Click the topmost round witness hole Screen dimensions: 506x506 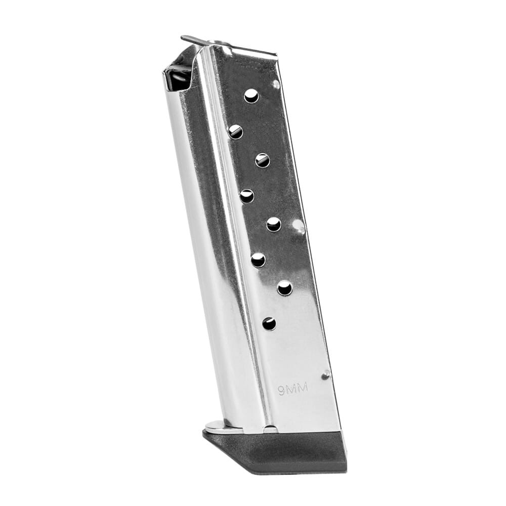251,96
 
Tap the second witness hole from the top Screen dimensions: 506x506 236,132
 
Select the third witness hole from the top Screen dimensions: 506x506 262,160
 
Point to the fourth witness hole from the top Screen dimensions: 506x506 247,196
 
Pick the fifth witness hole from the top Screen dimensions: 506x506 274,224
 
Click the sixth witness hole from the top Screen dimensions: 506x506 258,260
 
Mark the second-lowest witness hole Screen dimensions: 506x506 284,288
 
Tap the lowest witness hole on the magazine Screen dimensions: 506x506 269,324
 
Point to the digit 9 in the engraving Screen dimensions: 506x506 282,391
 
